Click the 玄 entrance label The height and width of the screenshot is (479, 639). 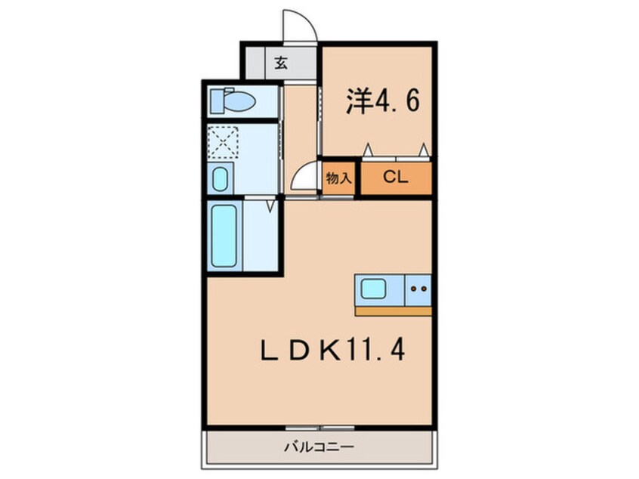click(281, 63)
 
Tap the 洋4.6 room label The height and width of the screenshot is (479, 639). click(382, 100)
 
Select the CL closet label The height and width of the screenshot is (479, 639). click(395, 177)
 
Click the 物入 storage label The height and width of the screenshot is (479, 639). click(338, 178)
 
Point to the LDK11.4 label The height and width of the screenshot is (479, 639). click(332, 351)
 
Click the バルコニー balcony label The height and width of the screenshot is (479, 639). click(319, 447)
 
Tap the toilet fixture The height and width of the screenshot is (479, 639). click(233, 100)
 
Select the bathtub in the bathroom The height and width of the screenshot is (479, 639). click(224, 236)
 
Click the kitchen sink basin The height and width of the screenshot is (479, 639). click(373, 289)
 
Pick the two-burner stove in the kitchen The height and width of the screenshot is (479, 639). click(418, 289)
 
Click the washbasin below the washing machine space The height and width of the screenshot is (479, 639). click(220, 178)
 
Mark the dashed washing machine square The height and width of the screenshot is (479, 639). click(223, 142)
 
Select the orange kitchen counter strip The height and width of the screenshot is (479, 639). click(393, 311)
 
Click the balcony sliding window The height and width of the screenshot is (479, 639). click(319, 428)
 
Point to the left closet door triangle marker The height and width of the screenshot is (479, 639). click(368, 150)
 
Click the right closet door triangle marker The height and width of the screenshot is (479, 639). click(424, 150)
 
